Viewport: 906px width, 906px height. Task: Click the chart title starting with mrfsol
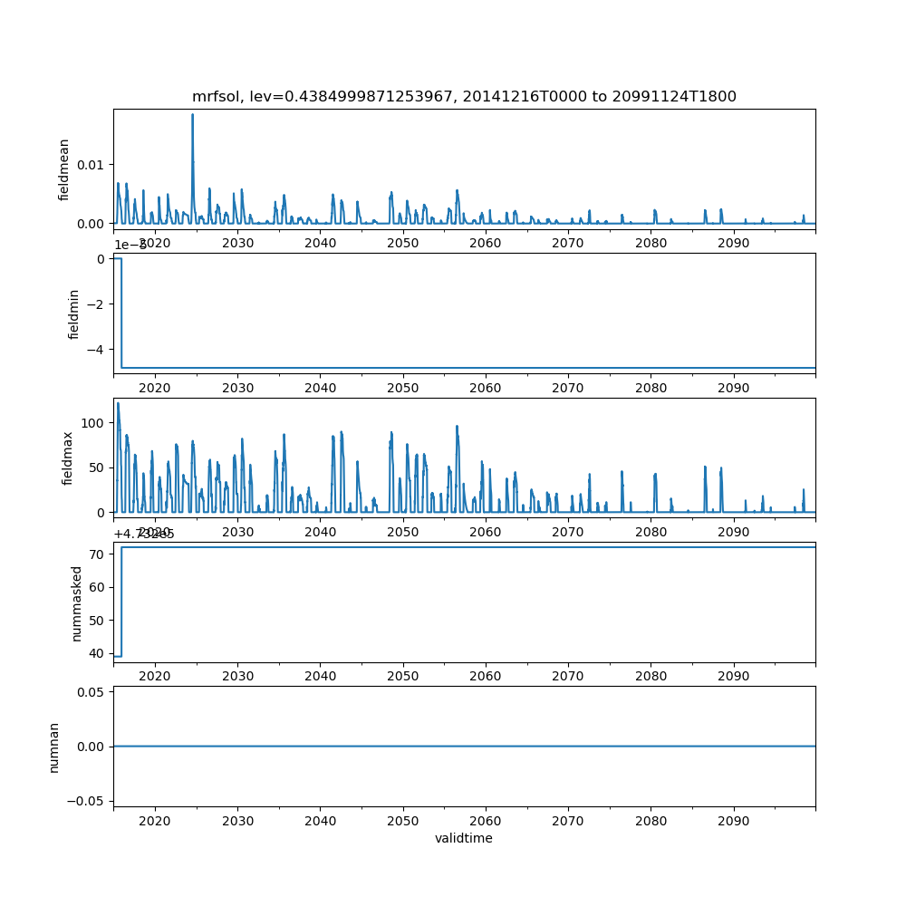(x=464, y=96)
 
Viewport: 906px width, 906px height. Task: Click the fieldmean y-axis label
(x=63, y=169)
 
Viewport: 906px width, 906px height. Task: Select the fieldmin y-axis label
(x=74, y=313)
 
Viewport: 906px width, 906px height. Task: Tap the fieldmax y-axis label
(x=67, y=458)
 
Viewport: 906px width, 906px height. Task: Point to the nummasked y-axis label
(x=77, y=602)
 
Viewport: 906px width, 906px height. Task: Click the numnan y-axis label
(x=54, y=747)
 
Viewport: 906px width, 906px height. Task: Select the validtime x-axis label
(x=464, y=839)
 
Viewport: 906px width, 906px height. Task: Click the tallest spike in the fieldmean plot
(x=193, y=115)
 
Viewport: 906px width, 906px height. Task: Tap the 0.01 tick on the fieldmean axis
(x=92, y=164)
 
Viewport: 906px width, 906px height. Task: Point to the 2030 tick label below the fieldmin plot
(x=237, y=388)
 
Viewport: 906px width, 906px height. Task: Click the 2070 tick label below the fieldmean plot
(x=568, y=243)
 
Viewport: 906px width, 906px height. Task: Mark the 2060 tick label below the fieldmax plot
(x=485, y=532)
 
